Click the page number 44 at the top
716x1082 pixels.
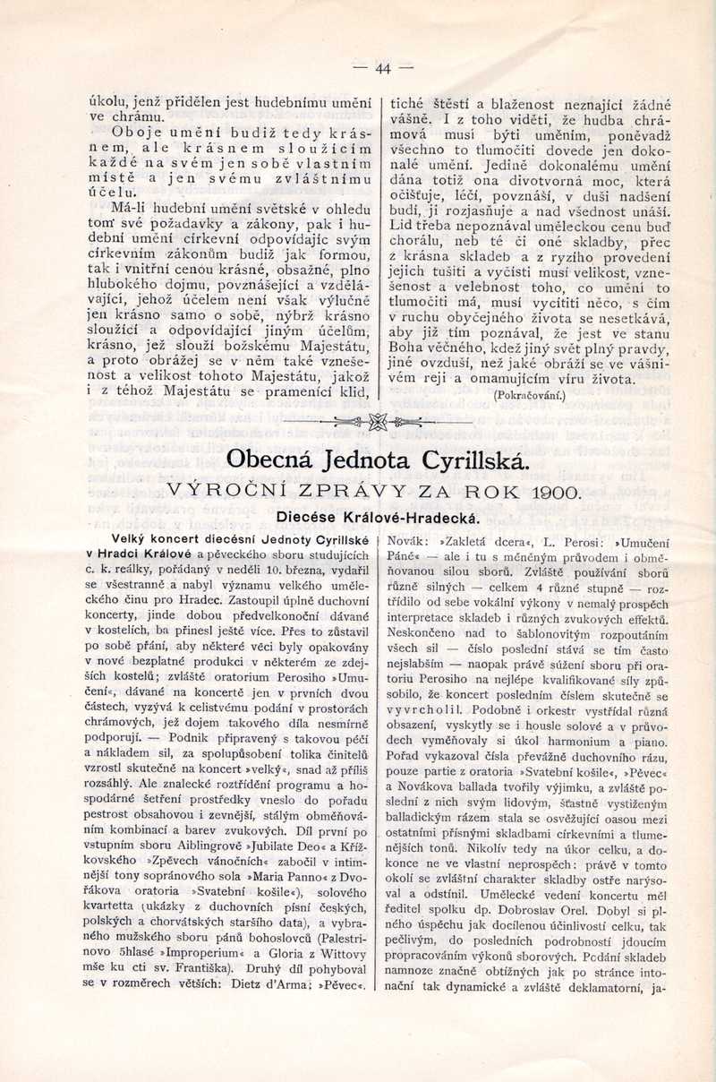(x=383, y=68)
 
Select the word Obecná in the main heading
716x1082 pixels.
(x=276, y=459)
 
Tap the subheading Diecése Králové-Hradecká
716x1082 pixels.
(x=378, y=517)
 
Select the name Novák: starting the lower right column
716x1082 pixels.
(x=408, y=541)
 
